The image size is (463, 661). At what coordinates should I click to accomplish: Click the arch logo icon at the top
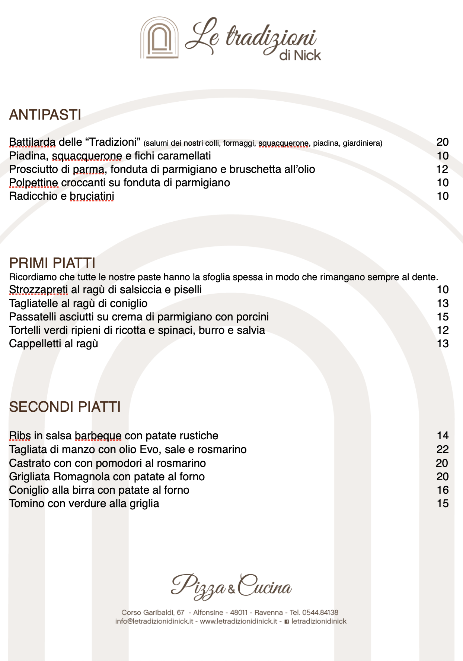coord(159,38)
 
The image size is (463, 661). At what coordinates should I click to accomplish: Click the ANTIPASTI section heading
coord(45,115)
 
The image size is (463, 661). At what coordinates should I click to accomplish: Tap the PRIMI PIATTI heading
coord(52,263)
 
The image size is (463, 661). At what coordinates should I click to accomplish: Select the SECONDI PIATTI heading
coord(65,407)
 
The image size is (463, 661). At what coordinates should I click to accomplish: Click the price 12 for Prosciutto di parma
coord(442,170)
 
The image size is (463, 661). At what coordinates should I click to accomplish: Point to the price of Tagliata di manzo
coord(442,450)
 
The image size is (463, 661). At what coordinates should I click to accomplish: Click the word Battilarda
coord(32,142)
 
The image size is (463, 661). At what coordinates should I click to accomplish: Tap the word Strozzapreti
coord(38,290)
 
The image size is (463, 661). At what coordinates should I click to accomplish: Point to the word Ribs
coord(20,436)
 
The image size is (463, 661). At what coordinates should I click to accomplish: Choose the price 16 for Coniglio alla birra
coord(443,490)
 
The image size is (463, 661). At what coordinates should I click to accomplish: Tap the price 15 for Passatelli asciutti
coord(443,317)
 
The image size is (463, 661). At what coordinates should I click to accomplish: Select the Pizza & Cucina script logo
coord(231,586)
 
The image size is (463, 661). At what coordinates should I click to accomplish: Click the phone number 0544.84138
coord(320,612)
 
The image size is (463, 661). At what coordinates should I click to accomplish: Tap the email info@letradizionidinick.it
coord(154,621)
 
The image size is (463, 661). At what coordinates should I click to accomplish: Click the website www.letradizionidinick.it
coord(239,621)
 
